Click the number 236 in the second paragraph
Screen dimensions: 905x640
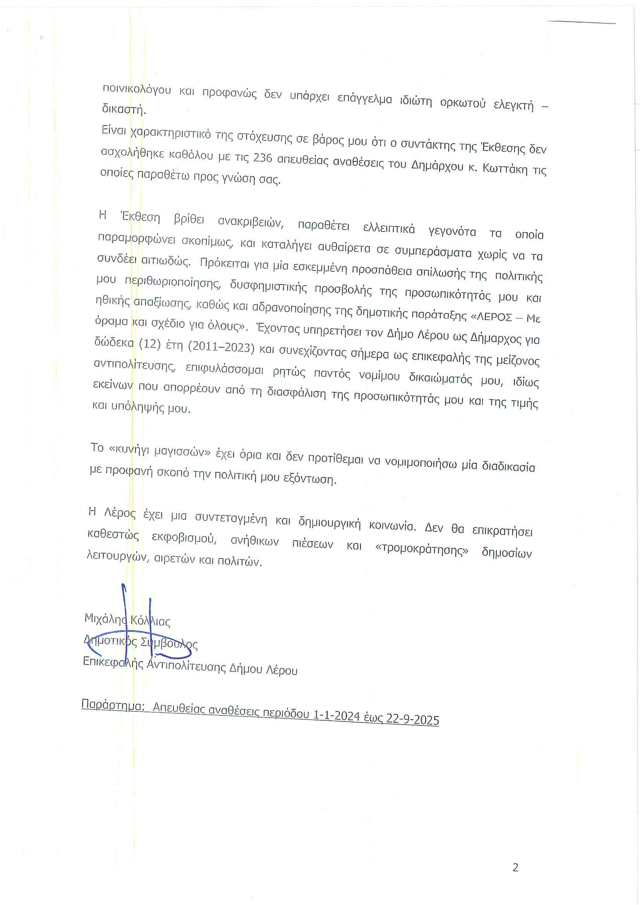coord(262,158)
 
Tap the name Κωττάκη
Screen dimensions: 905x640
coord(505,169)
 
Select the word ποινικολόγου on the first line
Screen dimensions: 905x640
coord(136,89)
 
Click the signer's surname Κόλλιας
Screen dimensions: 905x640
coord(150,621)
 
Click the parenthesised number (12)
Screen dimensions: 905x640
coord(150,344)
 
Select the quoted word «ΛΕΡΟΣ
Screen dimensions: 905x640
coord(491,317)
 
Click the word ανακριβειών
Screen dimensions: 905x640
coord(251,222)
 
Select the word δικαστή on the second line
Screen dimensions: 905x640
coord(124,109)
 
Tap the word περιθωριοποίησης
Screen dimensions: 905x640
coord(172,283)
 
